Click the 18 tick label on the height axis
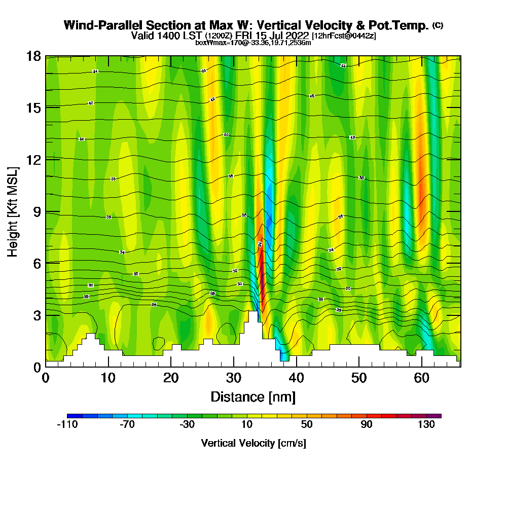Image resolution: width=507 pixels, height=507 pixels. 33,56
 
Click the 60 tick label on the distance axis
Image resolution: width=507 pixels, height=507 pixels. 421,378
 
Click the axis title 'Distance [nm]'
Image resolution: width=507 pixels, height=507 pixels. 253,396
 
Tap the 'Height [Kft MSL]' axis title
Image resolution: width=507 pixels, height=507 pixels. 13,211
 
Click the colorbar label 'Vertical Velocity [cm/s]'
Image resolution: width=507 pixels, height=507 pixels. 253,443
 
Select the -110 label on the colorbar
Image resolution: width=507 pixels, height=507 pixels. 67,425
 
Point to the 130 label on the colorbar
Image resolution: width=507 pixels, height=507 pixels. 426,425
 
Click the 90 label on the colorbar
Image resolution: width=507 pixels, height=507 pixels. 367,425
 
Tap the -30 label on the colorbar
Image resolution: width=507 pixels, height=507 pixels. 187,425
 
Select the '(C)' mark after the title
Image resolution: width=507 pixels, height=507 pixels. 438,25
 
